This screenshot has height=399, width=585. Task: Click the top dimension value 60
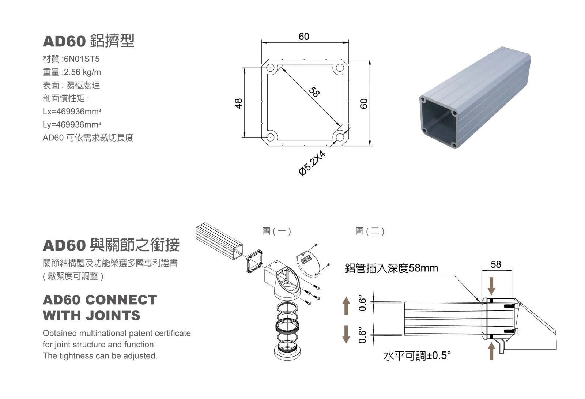[304, 37]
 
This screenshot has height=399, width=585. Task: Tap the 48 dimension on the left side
[239, 103]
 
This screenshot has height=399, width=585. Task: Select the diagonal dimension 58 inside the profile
[314, 92]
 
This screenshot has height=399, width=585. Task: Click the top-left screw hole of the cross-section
[271, 68]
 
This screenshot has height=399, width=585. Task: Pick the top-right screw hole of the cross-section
[340, 68]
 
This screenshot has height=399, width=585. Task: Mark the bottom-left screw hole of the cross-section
[271, 137]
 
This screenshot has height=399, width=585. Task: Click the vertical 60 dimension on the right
[363, 103]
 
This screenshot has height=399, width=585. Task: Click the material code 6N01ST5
[82, 59]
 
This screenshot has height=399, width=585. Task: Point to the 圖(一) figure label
[277, 231]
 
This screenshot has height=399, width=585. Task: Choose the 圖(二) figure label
[370, 231]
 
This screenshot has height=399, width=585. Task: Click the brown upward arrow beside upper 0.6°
[346, 305]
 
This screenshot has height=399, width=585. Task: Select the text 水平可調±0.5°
[417, 355]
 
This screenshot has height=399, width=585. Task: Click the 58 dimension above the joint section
[496, 264]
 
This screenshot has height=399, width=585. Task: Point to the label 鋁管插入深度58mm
[391, 268]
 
